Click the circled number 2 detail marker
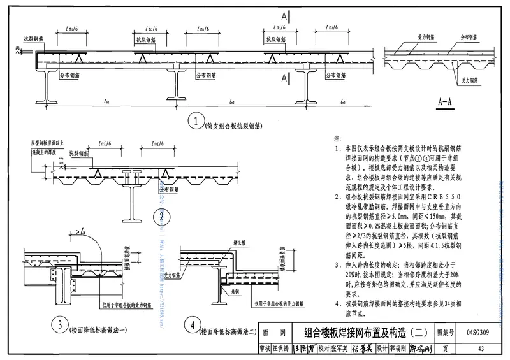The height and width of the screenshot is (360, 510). [163, 217]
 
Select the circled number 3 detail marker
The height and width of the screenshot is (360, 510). [59, 327]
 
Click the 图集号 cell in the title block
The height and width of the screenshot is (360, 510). [445, 333]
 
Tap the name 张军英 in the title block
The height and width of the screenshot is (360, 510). [339, 347]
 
